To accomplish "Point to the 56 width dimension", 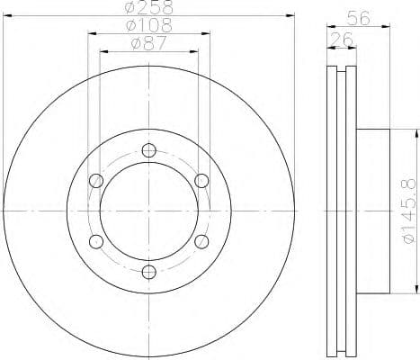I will click(358, 15).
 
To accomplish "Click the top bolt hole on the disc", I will click(149, 149).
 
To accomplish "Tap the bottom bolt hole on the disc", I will click(149, 271).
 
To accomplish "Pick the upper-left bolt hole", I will click(96, 181).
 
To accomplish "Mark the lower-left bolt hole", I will click(96, 240).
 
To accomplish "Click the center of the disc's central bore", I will click(149, 211).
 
